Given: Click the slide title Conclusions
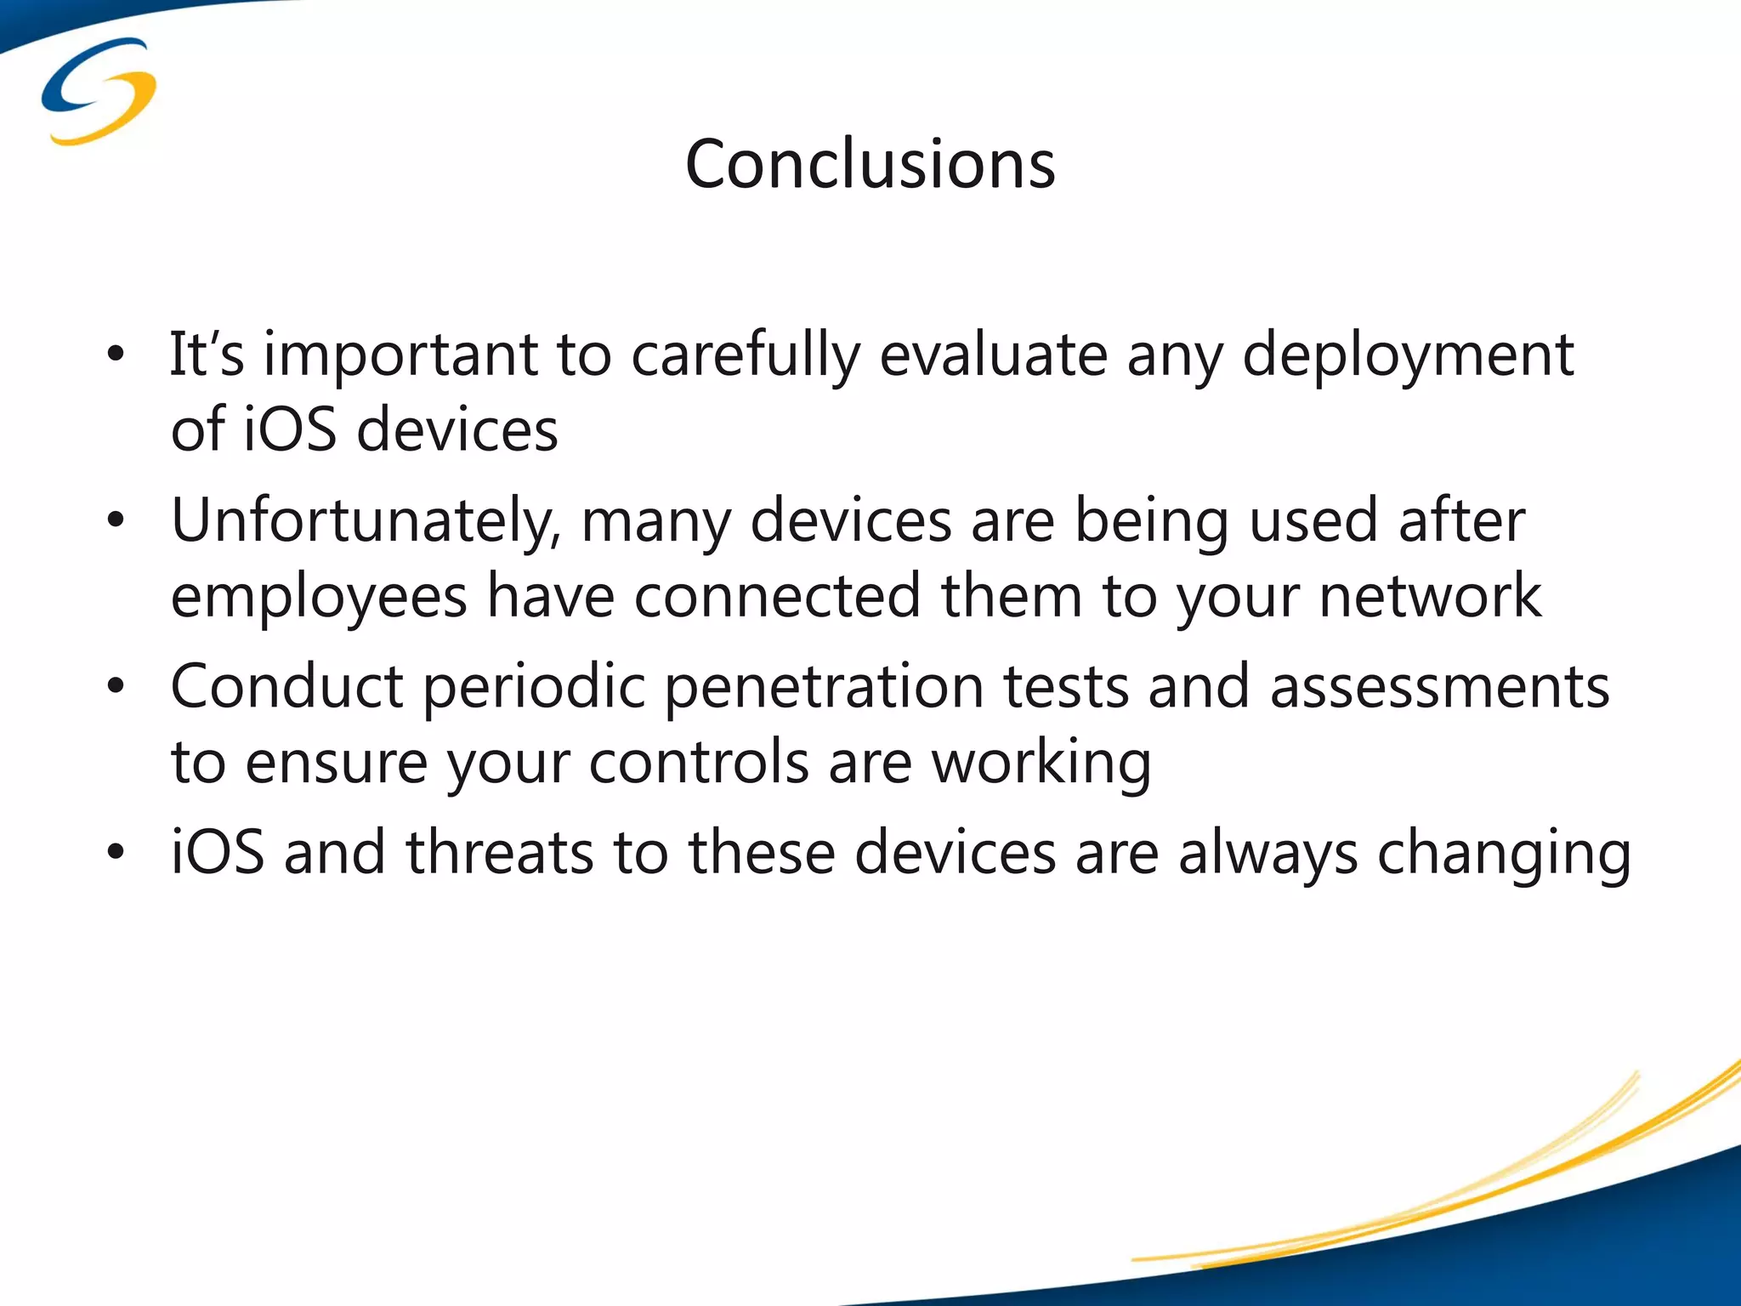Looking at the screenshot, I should tap(870, 164).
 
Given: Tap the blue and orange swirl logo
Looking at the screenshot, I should tap(99, 91).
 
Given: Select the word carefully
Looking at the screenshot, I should tap(746, 355).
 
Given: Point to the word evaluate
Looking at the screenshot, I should tap(993, 355).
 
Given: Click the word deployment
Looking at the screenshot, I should tap(1408, 355).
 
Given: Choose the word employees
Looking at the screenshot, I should tap(319, 596).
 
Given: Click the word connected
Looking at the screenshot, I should tap(777, 596).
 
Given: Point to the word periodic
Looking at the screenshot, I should tap(535, 686).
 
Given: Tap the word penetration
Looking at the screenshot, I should tap(823, 686).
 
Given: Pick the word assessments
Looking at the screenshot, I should tap(1439, 686).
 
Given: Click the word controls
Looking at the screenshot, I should tap(699, 762).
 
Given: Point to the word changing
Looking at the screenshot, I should tap(1503, 853).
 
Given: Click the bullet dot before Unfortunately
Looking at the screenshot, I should tap(116, 520).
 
